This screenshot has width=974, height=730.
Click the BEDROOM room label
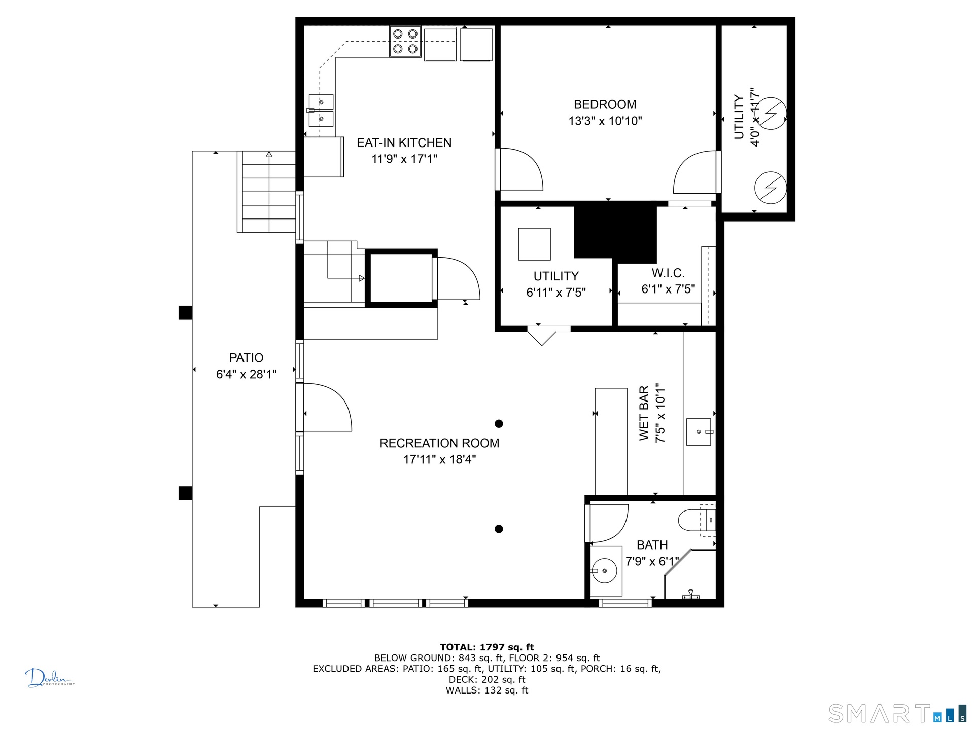click(605, 104)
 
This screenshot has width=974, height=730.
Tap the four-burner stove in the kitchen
click(405, 41)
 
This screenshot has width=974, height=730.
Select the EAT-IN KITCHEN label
click(404, 143)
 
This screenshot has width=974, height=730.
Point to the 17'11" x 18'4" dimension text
click(439, 459)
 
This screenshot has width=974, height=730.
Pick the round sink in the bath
click(604, 571)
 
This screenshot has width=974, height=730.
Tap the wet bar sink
click(699, 432)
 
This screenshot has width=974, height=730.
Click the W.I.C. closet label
click(668, 273)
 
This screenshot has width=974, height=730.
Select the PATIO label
click(246, 358)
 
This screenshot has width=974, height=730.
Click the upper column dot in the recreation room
click(499, 424)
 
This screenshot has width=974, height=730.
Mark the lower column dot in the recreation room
click(499, 529)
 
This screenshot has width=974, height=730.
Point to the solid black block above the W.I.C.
click(615, 232)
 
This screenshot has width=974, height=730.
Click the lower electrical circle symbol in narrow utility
click(770, 188)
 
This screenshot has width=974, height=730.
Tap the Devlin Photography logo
click(50, 678)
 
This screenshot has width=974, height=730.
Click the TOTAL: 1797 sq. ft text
click(487, 647)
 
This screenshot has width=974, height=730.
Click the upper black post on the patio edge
click(185, 313)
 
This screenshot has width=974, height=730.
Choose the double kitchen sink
click(321, 111)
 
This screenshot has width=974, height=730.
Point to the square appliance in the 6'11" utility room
click(534, 244)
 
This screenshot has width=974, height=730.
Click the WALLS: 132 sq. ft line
click(487, 690)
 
